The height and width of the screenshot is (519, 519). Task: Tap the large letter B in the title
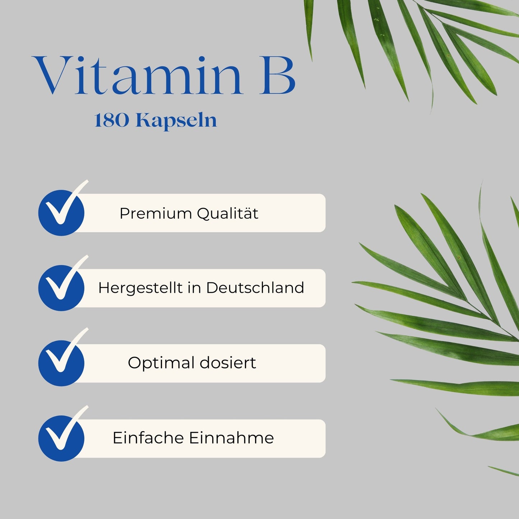(x=277, y=76)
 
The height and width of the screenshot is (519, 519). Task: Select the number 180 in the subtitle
(x=111, y=121)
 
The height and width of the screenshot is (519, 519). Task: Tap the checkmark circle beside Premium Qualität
(x=61, y=213)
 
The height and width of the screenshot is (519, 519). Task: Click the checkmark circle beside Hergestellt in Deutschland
(x=61, y=288)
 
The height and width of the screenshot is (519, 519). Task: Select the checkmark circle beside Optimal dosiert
(x=61, y=363)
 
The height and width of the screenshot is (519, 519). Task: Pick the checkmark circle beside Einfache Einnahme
(x=61, y=438)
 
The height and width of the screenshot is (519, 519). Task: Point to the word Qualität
(x=228, y=213)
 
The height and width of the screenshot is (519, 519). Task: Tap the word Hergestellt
(x=140, y=288)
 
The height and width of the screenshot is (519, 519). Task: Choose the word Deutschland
(x=255, y=288)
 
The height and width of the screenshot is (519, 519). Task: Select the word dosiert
(x=228, y=363)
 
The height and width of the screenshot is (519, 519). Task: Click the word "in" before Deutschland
(x=194, y=288)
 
